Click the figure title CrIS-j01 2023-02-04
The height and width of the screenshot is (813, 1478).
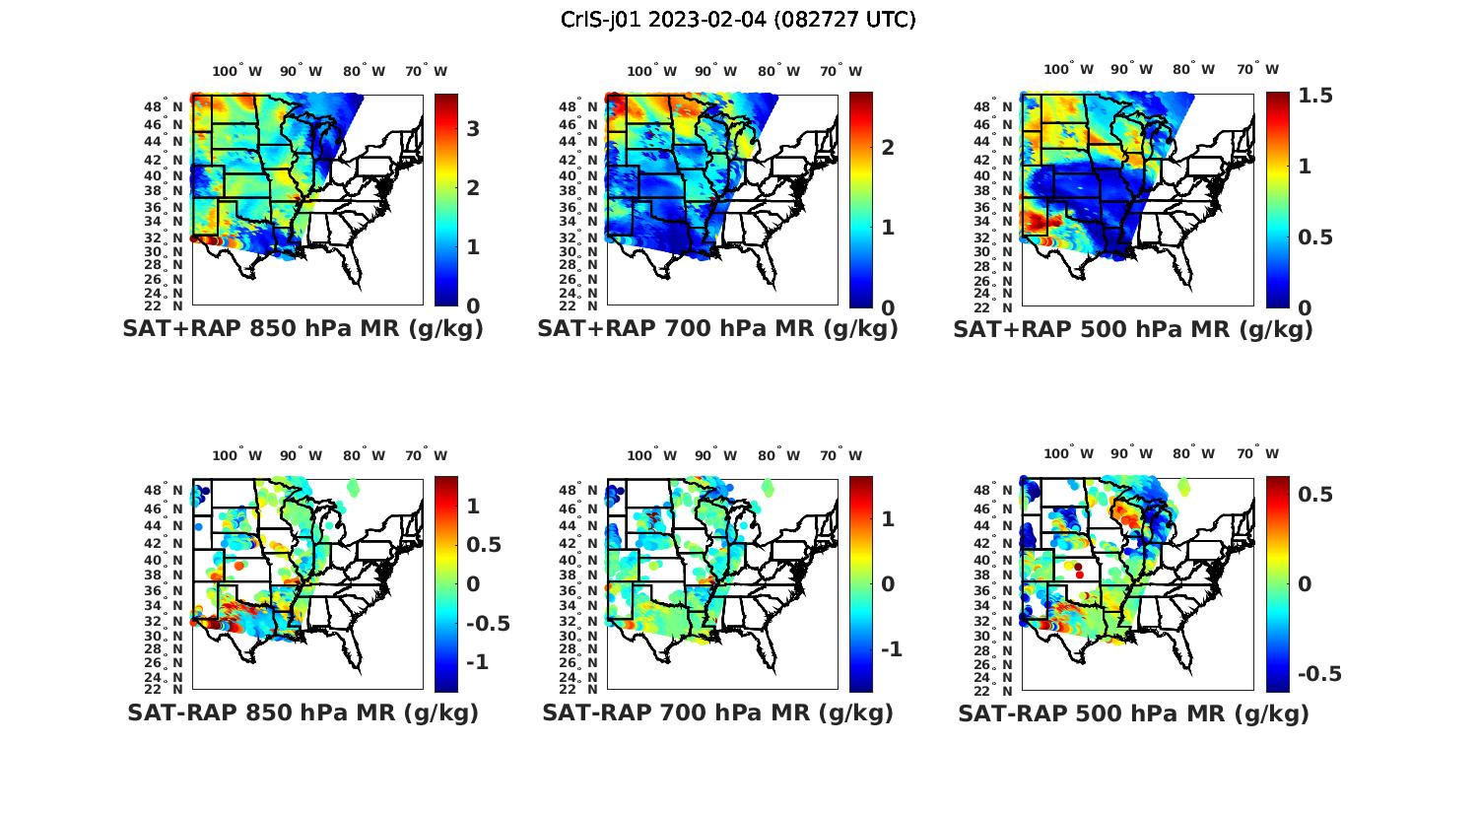[738, 20]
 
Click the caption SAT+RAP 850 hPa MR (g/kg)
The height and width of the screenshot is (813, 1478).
[302, 329]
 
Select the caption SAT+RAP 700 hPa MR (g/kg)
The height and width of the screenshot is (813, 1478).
[717, 329]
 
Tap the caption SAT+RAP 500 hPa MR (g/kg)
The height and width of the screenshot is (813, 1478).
[1133, 329]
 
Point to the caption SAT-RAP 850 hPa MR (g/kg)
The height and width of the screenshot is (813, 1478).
[302, 712]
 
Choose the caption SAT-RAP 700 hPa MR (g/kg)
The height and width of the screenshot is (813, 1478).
[717, 712]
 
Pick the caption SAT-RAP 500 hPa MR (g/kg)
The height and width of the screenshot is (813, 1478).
[1133, 712]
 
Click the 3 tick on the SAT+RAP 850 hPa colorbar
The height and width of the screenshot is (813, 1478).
[473, 128]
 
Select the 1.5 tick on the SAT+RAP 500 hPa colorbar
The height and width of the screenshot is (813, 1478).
[1315, 96]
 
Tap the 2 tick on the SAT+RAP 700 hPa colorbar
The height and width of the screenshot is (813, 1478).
[888, 147]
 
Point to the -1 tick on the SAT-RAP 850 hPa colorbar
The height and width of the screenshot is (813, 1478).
[477, 661]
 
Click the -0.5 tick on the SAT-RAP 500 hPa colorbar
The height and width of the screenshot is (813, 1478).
[1319, 674]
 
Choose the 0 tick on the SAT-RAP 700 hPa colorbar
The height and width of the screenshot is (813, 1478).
[888, 583]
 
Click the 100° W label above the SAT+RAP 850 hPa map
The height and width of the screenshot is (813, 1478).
[236, 71]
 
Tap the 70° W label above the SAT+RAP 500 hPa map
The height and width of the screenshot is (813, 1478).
[1257, 69]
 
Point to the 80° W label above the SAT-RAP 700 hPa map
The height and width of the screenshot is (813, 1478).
[777, 455]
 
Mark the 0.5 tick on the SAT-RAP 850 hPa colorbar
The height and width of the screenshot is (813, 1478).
[483, 544]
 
